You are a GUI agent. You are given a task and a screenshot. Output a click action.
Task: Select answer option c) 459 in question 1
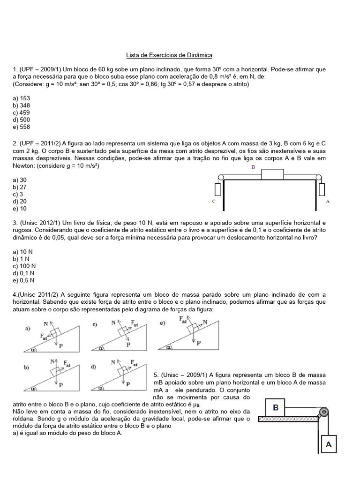pos(22,112)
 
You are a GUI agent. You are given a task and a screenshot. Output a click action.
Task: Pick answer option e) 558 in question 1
pos(22,127)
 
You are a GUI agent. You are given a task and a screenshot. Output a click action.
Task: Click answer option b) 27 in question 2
pos(20,187)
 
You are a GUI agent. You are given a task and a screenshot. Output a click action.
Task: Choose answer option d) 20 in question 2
pos(20,201)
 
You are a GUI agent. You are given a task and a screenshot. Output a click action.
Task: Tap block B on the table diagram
pos(272,174)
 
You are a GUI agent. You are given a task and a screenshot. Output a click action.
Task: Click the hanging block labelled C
pos(217,190)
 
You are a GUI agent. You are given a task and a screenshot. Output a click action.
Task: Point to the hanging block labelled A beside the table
pos(322,190)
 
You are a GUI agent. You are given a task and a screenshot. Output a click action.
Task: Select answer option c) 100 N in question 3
pos(23,266)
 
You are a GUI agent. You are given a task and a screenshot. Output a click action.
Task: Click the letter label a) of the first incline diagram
pos(28,329)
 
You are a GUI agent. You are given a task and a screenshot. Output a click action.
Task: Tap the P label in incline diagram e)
pos(198,343)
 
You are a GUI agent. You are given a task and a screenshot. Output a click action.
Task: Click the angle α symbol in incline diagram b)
pos(33,388)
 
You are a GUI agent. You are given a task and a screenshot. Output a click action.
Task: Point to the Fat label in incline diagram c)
pos(134,323)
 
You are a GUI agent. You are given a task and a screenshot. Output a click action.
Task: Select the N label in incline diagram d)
pos(113,362)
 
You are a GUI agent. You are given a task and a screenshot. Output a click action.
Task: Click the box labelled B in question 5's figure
pos(276,407)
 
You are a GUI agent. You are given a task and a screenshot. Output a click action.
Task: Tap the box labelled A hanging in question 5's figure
pos(329,444)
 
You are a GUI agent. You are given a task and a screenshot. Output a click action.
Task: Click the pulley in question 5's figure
pos(322,412)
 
